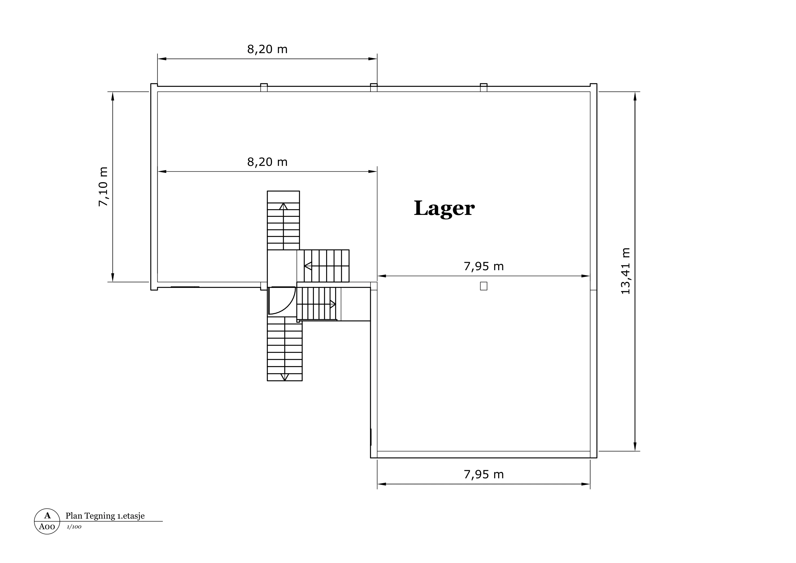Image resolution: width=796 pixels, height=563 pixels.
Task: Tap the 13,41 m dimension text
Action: click(x=625, y=271)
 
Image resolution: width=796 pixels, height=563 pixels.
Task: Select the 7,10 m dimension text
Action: click(x=103, y=187)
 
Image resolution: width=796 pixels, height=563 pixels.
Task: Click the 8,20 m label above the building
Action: click(x=267, y=49)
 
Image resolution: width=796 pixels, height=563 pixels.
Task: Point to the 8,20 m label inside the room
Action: click(x=267, y=162)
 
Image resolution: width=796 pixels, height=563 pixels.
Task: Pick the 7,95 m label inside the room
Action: click(x=484, y=266)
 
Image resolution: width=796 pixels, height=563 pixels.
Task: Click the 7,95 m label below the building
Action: click(x=484, y=474)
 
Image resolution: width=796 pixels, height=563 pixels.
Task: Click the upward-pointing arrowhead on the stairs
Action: click(x=284, y=206)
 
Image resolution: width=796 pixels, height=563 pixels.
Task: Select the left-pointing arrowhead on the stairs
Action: click(x=308, y=266)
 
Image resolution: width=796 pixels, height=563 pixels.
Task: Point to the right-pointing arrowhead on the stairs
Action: click(x=332, y=304)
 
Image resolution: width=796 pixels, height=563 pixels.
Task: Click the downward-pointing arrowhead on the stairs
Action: click(x=285, y=377)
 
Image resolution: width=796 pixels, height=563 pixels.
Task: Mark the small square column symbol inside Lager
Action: click(x=484, y=286)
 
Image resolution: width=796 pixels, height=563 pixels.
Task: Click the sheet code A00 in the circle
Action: click(x=47, y=527)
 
